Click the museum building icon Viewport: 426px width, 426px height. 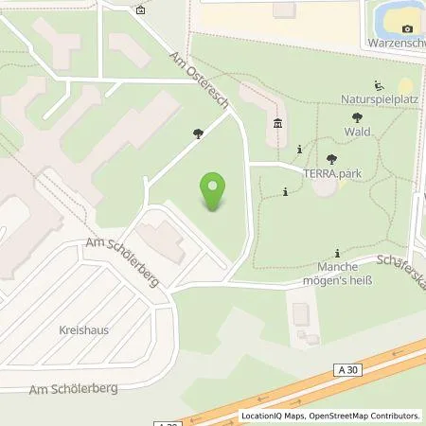[x=277, y=123]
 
